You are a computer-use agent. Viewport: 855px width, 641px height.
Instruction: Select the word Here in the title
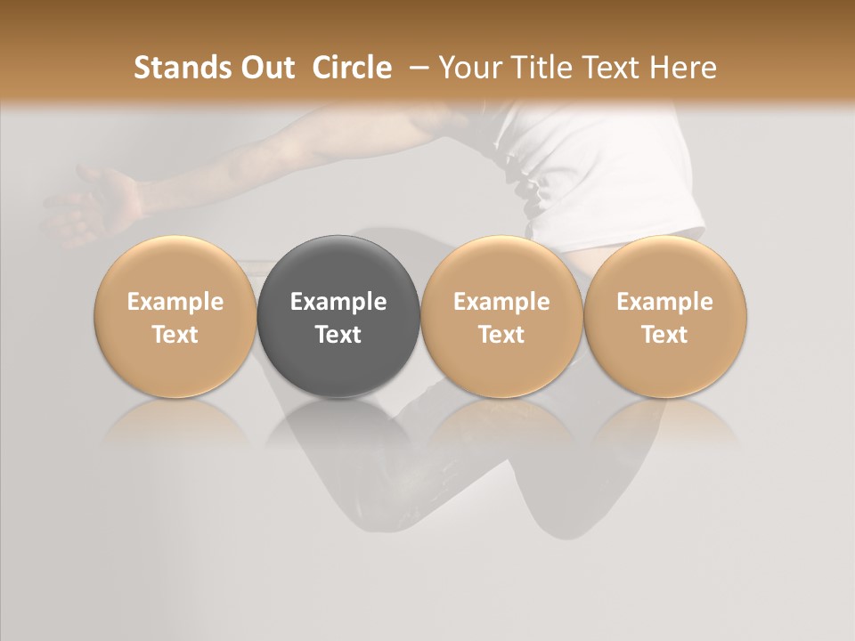tap(683, 68)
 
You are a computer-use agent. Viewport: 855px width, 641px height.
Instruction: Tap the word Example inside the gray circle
tap(338, 302)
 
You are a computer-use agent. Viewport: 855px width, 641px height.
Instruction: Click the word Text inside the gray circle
tap(338, 335)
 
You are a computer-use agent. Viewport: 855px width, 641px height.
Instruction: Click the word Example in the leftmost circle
tap(175, 302)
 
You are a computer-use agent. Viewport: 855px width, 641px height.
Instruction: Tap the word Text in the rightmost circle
tap(665, 335)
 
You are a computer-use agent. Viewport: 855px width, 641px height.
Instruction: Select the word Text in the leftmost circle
tap(175, 335)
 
